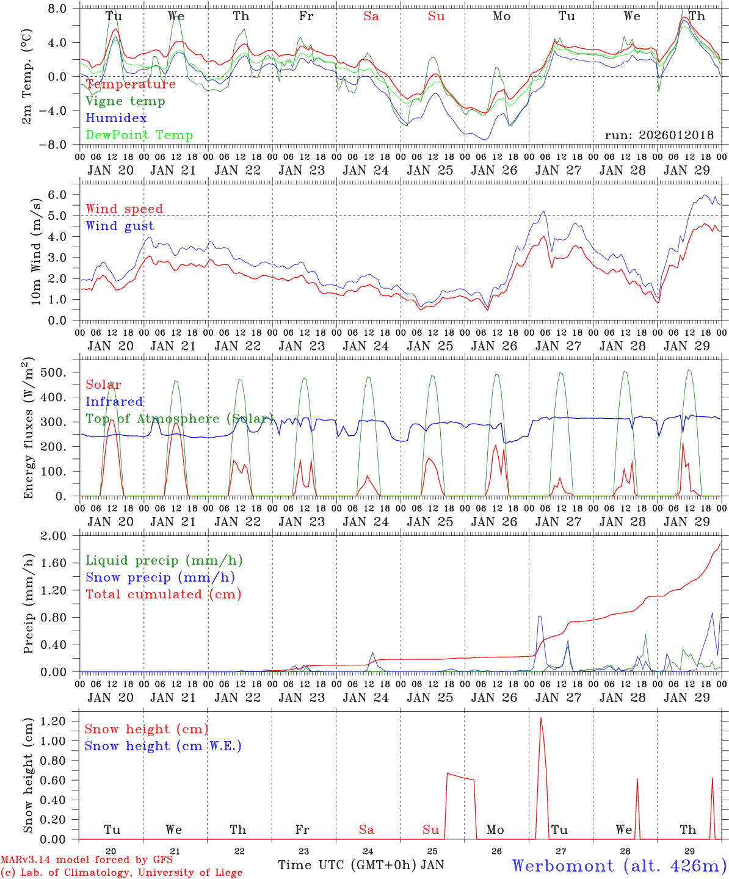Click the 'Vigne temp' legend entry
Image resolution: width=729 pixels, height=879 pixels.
[125, 101]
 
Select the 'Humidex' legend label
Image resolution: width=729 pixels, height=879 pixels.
[116, 118]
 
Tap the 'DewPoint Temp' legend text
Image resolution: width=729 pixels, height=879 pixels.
[139, 136]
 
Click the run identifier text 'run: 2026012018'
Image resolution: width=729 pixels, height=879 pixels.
[659, 136]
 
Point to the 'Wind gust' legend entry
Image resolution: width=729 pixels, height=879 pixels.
[120, 226]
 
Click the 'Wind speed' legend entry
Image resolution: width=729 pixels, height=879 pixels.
[124, 209]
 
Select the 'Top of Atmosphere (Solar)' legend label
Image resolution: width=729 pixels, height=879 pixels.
[180, 419]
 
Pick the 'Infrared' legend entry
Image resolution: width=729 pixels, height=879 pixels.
[114, 402]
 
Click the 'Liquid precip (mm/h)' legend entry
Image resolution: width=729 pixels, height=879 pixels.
[164, 560]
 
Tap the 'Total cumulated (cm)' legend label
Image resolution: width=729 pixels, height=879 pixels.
[163, 595]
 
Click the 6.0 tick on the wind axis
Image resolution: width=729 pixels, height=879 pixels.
[63, 195]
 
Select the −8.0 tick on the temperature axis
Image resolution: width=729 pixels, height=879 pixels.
[60, 145]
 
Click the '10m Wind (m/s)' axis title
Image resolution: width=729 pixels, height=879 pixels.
[36, 250]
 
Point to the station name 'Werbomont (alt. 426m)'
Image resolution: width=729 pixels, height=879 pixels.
[618, 866]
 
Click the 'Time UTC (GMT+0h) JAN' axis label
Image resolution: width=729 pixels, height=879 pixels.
[361, 865]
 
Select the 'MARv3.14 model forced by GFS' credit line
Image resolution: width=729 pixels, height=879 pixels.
[87, 860]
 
